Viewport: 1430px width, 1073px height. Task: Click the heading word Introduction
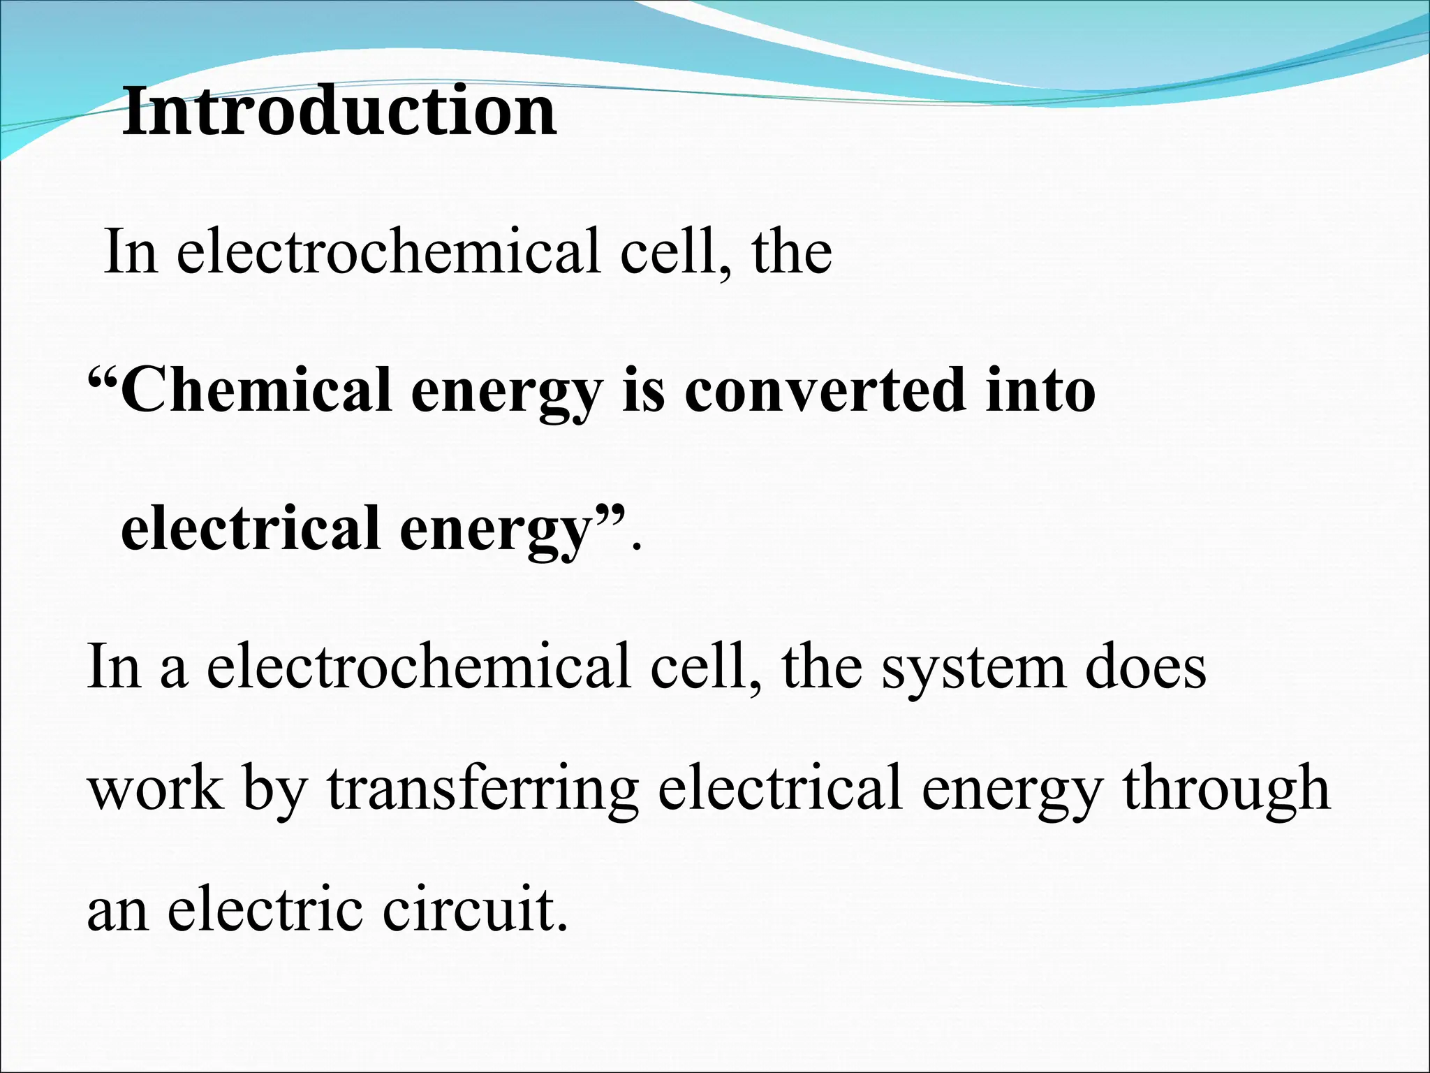pos(339,112)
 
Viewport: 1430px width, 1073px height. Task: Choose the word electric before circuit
pos(266,910)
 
